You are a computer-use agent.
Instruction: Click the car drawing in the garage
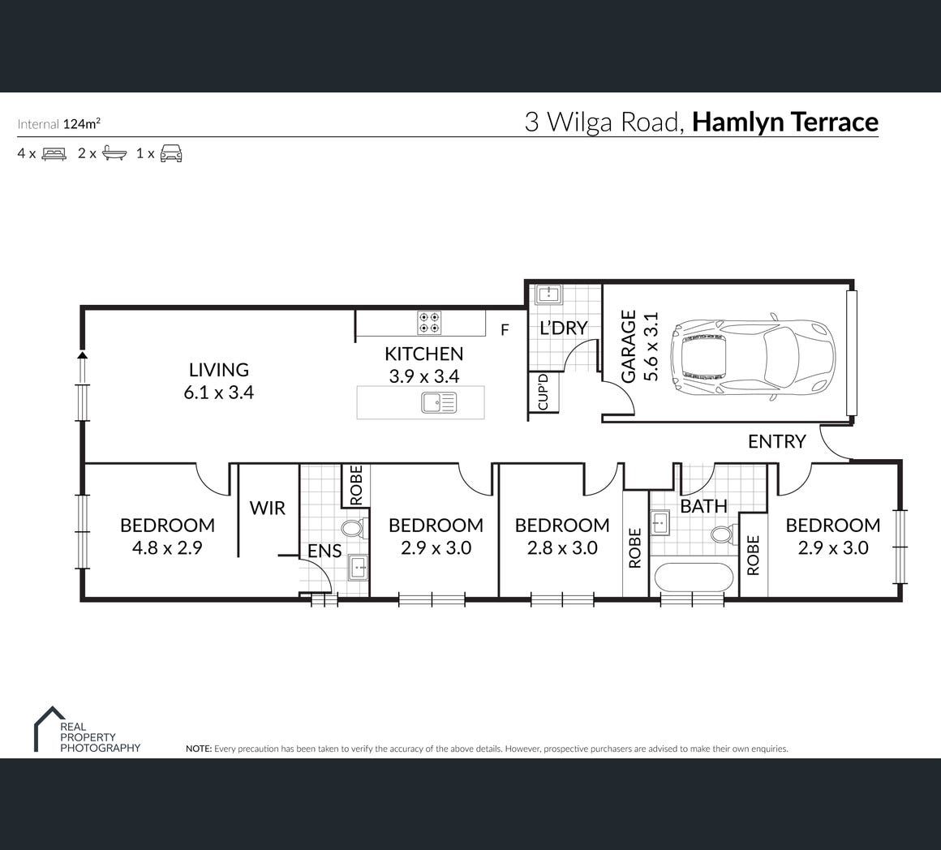(x=753, y=356)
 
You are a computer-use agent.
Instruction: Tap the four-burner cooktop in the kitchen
(x=429, y=323)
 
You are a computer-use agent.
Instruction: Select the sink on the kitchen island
(x=439, y=402)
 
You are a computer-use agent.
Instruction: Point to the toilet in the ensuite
(x=352, y=529)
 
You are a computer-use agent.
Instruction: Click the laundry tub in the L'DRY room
(x=548, y=294)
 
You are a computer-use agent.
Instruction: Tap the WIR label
(x=267, y=508)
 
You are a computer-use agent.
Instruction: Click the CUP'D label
(x=544, y=392)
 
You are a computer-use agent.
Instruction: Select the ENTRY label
(x=776, y=441)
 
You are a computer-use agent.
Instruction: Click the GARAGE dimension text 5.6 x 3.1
(x=651, y=346)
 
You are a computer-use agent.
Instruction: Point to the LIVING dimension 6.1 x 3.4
(x=218, y=393)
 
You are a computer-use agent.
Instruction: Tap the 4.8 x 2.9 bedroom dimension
(x=167, y=547)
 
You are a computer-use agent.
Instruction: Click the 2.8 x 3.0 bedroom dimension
(x=562, y=547)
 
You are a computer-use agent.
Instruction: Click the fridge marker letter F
(x=505, y=329)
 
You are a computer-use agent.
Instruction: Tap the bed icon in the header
(x=54, y=153)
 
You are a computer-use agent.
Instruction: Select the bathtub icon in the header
(x=114, y=153)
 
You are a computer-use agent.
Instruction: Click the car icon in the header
(x=171, y=153)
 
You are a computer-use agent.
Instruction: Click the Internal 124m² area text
(x=58, y=123)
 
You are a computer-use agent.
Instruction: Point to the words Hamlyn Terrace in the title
(x=785, y=122)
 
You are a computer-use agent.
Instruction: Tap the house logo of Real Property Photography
(x=49, y=728)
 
